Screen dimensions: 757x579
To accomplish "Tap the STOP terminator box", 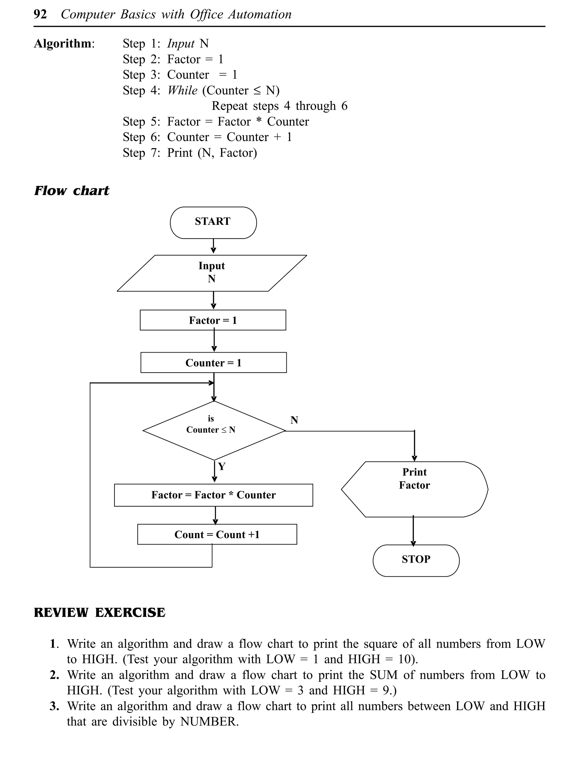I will tap(416, 560).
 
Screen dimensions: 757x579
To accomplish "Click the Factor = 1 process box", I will tap(213, 320).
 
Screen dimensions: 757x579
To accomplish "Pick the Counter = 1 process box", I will tap(213, 362).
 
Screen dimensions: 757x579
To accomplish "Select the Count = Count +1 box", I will tap(217, 535).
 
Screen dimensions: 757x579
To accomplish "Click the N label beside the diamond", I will tap(294, 420).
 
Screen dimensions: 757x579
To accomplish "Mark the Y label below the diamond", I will tap(222, 466).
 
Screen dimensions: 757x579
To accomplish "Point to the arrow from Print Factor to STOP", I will tap(413, 531).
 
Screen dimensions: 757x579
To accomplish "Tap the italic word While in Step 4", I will tap(182, 90).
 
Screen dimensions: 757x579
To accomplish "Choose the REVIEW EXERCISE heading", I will tap(99, 612).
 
